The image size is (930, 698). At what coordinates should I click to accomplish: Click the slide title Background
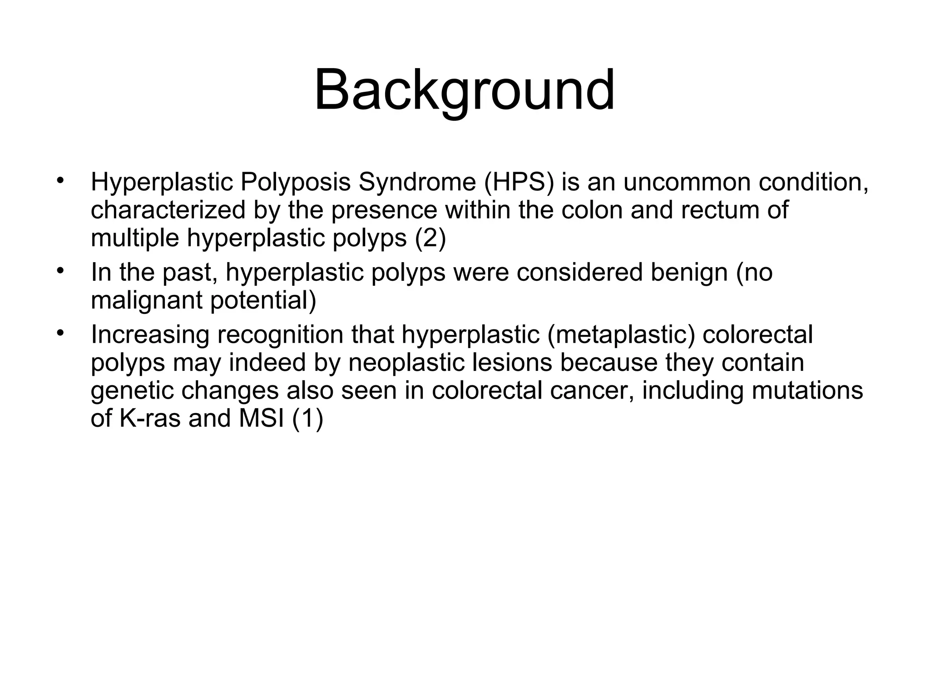coord(464,90)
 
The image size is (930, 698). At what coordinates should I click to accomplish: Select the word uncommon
coord(686,182)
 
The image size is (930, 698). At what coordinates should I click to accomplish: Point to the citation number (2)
coord(430,238)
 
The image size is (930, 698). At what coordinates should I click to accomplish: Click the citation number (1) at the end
coord(307,418)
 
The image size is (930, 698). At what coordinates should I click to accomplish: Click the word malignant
coord(146,300)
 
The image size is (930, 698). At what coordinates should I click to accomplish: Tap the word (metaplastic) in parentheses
coord(621,334)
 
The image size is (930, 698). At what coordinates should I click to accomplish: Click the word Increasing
coord(150,334)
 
